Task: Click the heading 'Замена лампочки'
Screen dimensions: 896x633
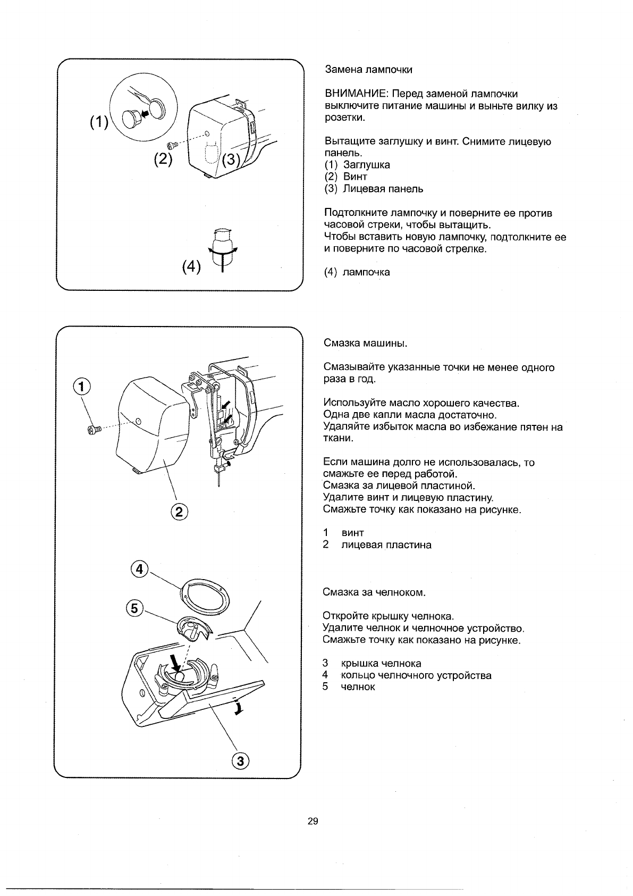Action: coord(368,70)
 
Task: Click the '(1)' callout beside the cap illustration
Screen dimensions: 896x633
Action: coord(98,122)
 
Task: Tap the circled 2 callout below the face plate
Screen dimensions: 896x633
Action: coord(179,512)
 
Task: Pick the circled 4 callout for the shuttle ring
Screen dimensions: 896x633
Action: coord(139,569)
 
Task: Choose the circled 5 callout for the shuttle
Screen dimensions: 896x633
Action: coord(136,608)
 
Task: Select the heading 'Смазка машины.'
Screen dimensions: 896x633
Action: coord(365,343)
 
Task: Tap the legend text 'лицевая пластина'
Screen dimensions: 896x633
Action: coord(386,545)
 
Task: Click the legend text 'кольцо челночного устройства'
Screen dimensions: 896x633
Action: coord(416,676)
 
